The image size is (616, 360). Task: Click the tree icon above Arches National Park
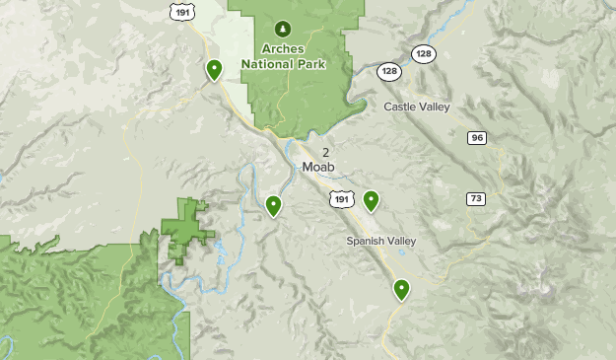(285, 28)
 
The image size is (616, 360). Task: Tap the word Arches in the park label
(285, 47)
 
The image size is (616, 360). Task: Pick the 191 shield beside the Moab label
(341, 198)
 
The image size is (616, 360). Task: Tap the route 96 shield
(478, 137)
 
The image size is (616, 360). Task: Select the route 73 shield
(476, 198)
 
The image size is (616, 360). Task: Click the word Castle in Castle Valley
(402, 107)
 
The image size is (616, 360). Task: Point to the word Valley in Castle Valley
(438, 107)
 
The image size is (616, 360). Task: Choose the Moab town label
(319, 167)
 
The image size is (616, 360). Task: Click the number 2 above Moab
(325, 151)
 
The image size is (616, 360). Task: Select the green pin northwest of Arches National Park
(214, 70)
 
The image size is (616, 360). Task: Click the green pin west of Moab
(273, 205)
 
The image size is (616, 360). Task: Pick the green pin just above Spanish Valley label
(371, 200)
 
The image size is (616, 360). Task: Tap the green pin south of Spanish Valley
(401, 289)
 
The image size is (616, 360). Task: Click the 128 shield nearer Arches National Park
(389, 71)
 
